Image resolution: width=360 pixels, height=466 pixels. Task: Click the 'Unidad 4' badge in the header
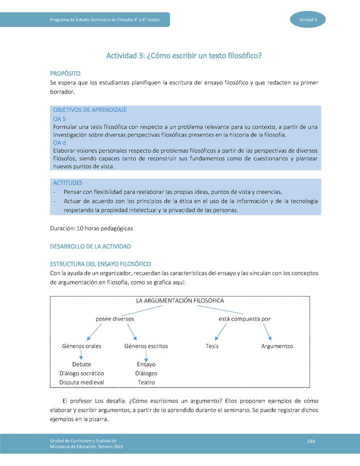308,19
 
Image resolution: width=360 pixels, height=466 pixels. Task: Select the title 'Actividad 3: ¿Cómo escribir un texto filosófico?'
184,55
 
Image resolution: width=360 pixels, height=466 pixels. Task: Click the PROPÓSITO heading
65,73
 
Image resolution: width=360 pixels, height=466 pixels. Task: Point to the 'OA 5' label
59,119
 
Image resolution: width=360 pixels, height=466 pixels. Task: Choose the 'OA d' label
59,142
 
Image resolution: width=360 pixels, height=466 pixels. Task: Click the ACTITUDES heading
67,183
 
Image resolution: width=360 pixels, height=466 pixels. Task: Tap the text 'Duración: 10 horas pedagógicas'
91,228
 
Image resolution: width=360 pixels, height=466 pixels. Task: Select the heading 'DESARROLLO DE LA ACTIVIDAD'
90,246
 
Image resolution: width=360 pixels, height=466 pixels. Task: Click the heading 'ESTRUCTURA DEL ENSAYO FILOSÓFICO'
100,264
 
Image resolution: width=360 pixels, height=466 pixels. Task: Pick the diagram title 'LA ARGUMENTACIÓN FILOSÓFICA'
180,300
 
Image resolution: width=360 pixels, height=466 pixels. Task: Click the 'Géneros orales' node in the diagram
81,346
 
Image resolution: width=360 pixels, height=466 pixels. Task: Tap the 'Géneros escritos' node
146,346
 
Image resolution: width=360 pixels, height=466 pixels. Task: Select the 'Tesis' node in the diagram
212,346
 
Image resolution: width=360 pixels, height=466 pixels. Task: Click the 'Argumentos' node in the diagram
277,346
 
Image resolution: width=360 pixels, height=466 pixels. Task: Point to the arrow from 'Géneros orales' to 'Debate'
81,355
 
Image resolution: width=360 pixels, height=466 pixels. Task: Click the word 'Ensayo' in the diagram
146,364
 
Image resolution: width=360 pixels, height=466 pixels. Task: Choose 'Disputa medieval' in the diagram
81,382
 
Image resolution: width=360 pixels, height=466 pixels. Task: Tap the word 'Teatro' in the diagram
146,382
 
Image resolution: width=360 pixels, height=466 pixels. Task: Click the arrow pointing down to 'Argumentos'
267,331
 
